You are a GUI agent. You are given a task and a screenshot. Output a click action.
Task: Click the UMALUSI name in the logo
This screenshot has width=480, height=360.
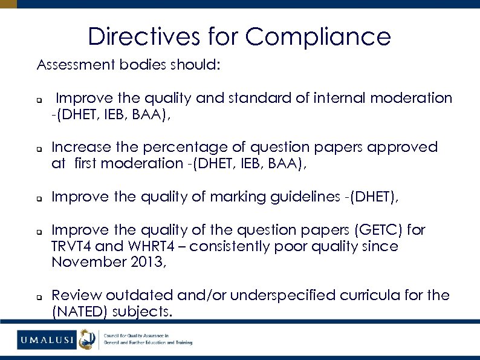(x=46, y=340)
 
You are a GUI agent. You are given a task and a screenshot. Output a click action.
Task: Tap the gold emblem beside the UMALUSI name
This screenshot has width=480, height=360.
(x=88, y=339)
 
